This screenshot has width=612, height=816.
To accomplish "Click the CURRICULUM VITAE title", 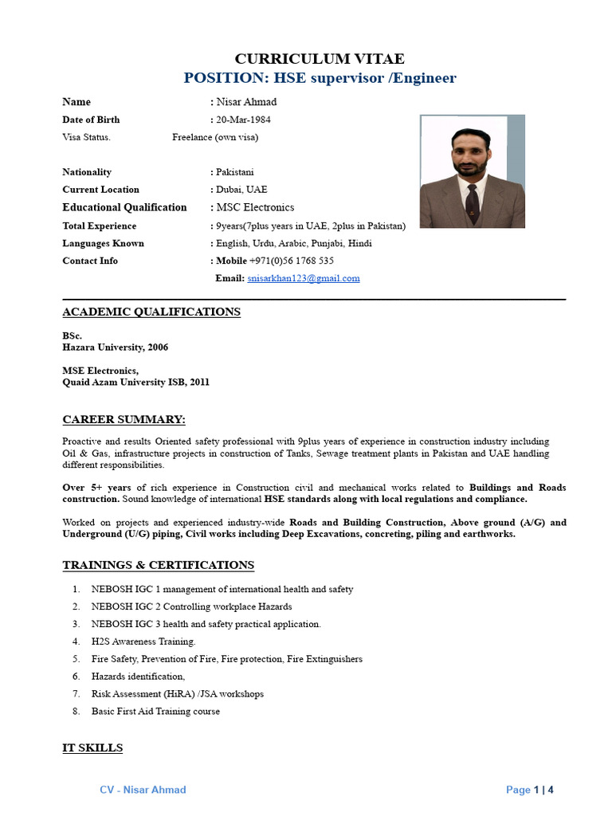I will (x=320, y=59).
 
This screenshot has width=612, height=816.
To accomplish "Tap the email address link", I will (x=304, y=278).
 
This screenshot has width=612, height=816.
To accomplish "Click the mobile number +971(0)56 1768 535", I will (x=292, y=261).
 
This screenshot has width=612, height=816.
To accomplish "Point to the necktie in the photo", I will (x=473, y=203).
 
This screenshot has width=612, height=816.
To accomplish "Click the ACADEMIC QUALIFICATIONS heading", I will (x=151, y=312).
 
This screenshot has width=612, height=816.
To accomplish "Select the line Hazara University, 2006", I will (x=116, y=347).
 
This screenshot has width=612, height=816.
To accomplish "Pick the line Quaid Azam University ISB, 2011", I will (x=136, y=382).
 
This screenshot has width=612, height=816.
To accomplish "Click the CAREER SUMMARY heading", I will (x=124, y=419).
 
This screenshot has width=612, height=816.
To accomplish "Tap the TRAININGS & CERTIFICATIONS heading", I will (x=159, y=565).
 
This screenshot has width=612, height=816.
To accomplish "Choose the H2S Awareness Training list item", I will (x=143, y=641).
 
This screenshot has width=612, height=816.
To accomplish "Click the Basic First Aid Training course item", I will (x=155, y=711).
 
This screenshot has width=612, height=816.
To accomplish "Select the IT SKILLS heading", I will (x=93, y=747).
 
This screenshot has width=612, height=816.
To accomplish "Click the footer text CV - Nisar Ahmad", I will (x=143, y=790).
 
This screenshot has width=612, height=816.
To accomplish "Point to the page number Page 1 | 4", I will (x=529, y=790).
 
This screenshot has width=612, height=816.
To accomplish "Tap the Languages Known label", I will (x=104, y=243).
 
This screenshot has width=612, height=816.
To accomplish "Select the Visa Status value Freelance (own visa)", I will (x=215, y=137).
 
